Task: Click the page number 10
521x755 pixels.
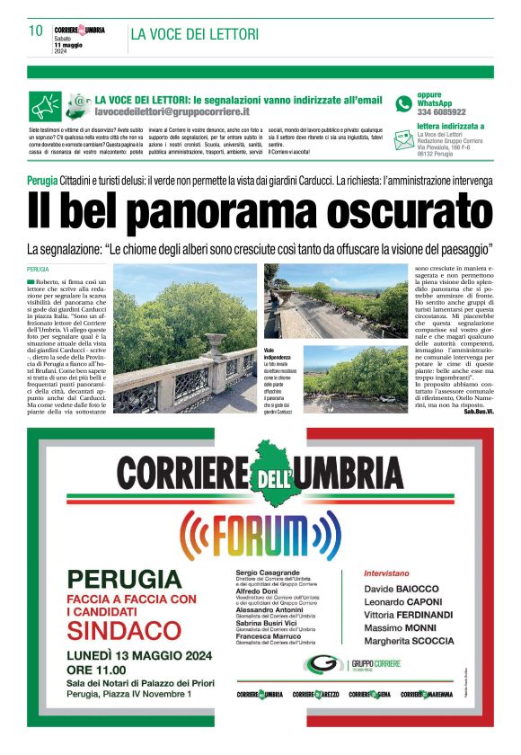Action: (36, 31)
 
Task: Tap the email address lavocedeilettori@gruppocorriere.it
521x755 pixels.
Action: (172, 112)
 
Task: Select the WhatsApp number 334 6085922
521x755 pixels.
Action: (441, 112)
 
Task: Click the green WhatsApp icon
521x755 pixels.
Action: (403, 104)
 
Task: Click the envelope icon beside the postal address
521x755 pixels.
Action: (404, 135)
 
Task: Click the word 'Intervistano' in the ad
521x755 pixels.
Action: (387, 572)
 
